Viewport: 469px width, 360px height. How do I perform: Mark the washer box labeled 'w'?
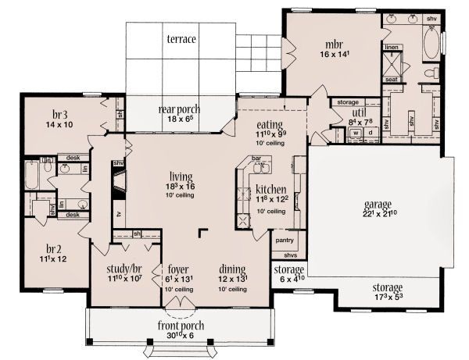coord(356,133)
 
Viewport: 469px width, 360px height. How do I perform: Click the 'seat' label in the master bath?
coord(392,79)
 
